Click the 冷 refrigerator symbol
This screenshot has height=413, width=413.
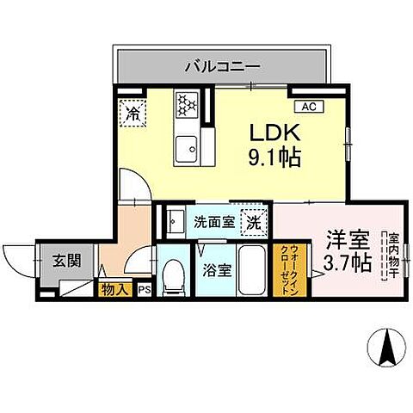pyautogui.click(x=133, y=111)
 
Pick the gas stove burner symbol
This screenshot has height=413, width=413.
pyautogui.click(x=186, y=104)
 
